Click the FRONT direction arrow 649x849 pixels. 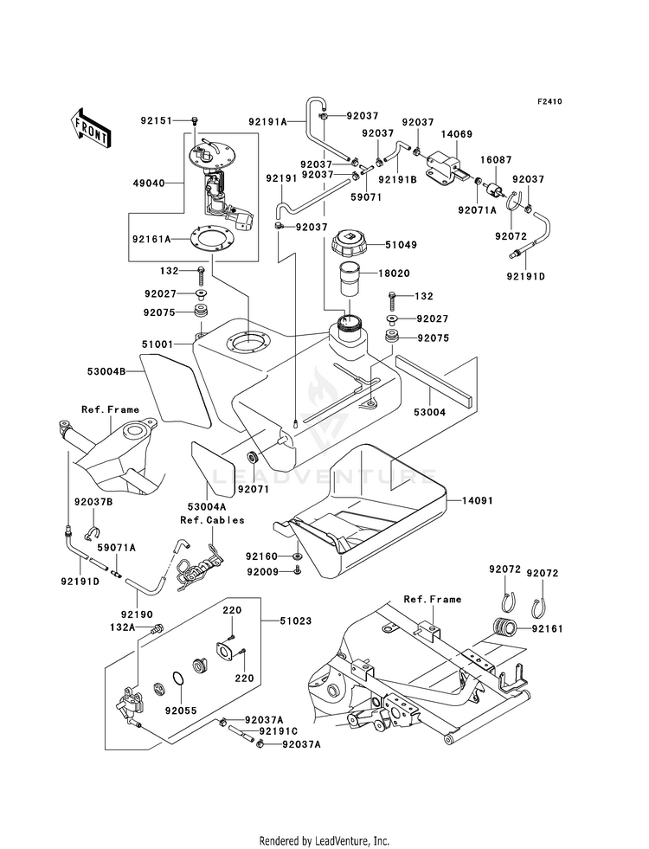coord(90,128)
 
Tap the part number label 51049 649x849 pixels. coord(401,245)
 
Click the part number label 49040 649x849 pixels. coord(149,183)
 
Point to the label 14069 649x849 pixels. coord(456,134)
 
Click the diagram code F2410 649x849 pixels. coord(549,101)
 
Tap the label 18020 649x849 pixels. coord(394,273)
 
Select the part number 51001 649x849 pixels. coord(157,344)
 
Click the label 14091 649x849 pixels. coord(477,501)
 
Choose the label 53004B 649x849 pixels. coord(106,371)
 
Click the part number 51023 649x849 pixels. coord(296,621)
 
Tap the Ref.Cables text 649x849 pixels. coord(212,520)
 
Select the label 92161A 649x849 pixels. coord(151,238)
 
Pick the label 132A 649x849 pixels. coord(122,627)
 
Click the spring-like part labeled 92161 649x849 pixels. coord(504,628)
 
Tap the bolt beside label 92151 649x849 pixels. coord(195,120)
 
